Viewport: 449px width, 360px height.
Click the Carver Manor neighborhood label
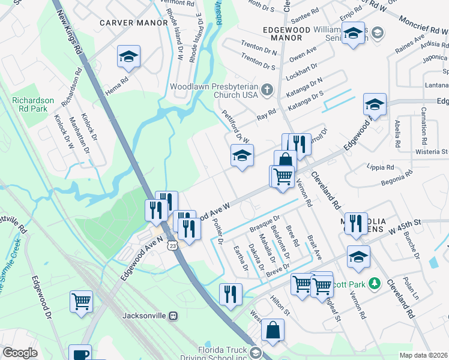133,23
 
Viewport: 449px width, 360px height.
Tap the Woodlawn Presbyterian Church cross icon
267,91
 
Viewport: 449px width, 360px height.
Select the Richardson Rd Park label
34,105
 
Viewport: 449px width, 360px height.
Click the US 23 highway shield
172,245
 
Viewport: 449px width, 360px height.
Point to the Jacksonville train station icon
173,315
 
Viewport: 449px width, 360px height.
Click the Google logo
20,353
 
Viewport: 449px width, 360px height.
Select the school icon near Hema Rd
128,56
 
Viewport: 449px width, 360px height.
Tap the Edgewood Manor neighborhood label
286,33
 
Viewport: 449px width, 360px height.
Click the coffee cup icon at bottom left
79,354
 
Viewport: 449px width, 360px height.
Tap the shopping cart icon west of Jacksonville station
81,301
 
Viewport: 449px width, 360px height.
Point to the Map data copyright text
423,355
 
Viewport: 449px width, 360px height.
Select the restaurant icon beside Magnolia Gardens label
356,223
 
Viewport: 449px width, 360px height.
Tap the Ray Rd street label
266,112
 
